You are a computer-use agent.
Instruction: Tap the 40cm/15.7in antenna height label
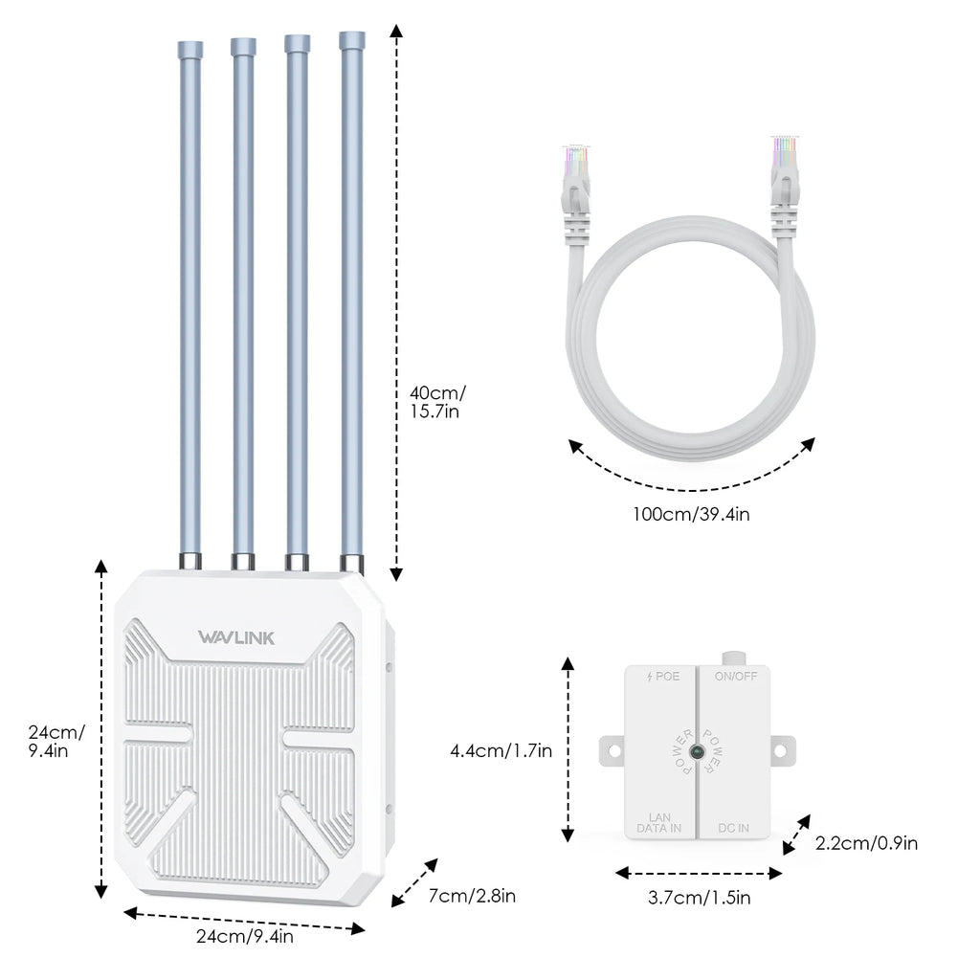[x=437, y=402]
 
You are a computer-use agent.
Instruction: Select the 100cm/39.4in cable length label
[x=691, y=514]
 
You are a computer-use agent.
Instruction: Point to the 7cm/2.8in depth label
[x=473, y=896]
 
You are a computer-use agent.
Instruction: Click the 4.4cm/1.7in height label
[x=501, y=751]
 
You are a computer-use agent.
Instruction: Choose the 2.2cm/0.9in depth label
[x=867, y=843]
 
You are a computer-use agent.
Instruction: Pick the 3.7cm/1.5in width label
[x=699, y=898]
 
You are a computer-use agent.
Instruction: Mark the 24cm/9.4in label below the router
[x=245, y=937]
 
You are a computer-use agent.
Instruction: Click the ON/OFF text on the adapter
[x=736, y=676]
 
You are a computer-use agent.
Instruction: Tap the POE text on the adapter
[x=663, y=676]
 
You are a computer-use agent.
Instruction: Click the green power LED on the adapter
[x=699, y=751]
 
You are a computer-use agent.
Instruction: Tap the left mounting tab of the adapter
[x=612, y=750]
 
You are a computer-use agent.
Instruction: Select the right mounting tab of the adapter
[x=784, y=750]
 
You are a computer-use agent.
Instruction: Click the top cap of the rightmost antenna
[x=352, y=40]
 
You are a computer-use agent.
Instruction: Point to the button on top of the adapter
[x=734, y=657]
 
